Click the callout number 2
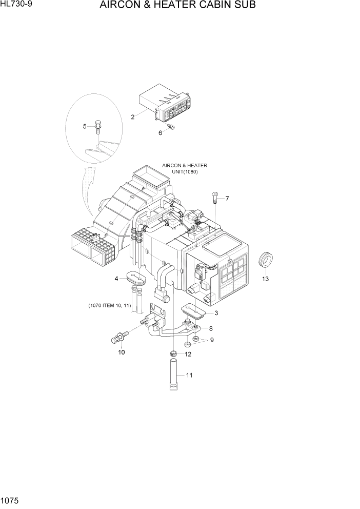pyautogui.click(x=132, y=117)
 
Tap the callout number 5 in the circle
pyautogui.click(x=85, y=126)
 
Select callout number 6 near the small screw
pyautogui.click(x=160, y=132)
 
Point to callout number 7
pyautogui.click(x=227, y=199)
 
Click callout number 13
pyautogui.click(x=265, y=279)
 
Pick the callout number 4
pyautogui.click(x=116, y=279)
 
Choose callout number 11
pyautogui.click(x=189, y=375)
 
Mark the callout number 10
pyautogui.click(x=122, y=352)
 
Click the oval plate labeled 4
pyautogui.click(x=136, y=278)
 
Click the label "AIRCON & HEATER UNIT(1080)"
pyautogui.click(x=184, y=168)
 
